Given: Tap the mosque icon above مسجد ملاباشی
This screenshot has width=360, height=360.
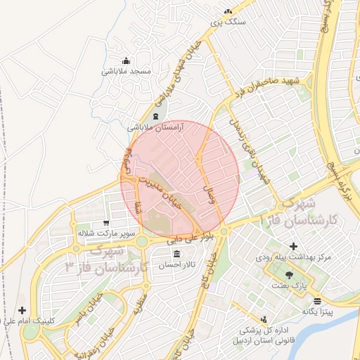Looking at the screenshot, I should pos(126,60).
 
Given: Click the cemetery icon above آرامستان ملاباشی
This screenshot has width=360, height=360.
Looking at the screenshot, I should pos(155,116).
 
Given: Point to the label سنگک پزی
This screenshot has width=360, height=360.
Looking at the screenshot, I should pos(229,22).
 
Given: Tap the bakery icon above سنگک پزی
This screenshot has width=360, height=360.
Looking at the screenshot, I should pos(228,11).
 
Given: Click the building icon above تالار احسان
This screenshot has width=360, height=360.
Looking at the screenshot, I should pos(175,254).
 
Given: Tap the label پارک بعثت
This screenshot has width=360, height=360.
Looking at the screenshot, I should pos(291,285).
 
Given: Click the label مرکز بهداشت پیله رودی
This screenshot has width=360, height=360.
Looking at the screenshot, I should pos(292,257).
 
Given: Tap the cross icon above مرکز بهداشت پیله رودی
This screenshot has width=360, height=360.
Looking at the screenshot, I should pos(292,245).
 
